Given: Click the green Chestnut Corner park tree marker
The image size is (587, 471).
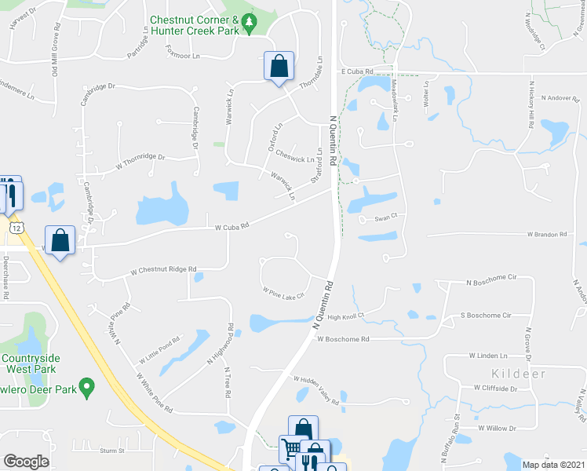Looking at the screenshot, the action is pyautogui.click(x=250, y=24).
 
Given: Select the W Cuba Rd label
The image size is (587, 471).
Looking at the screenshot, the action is pyautogui.click(x=232, y=226).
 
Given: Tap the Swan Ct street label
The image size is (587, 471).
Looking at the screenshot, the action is pyautogui.click(x=387, y=217).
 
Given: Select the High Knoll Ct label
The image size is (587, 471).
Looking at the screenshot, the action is pyautogui.click(x=347, y=317).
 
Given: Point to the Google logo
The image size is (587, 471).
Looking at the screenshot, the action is pyautogui.click(x=26, y=462).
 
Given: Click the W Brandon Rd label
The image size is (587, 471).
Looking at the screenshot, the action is pyautogui.click(x=546, y=234).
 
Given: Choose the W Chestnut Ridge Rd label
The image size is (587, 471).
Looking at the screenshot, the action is pyautogui.click(x=163, y=269).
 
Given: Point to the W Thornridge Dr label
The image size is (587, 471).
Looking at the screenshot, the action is pyautogui.click(x=140, y=161).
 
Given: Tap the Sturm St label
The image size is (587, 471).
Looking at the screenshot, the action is pyautogui.click(x=113, y=451).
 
